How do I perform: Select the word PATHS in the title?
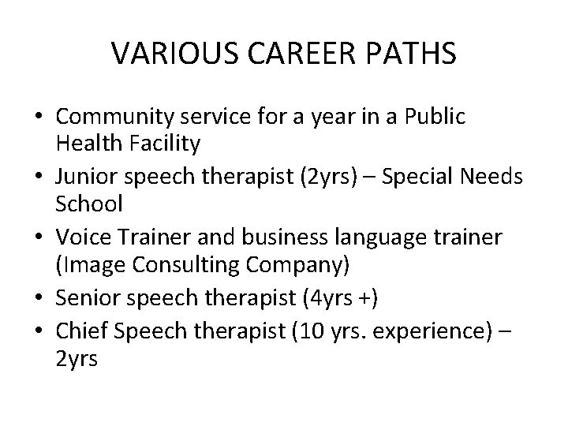pyautogui.click(x=412, y=54)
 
